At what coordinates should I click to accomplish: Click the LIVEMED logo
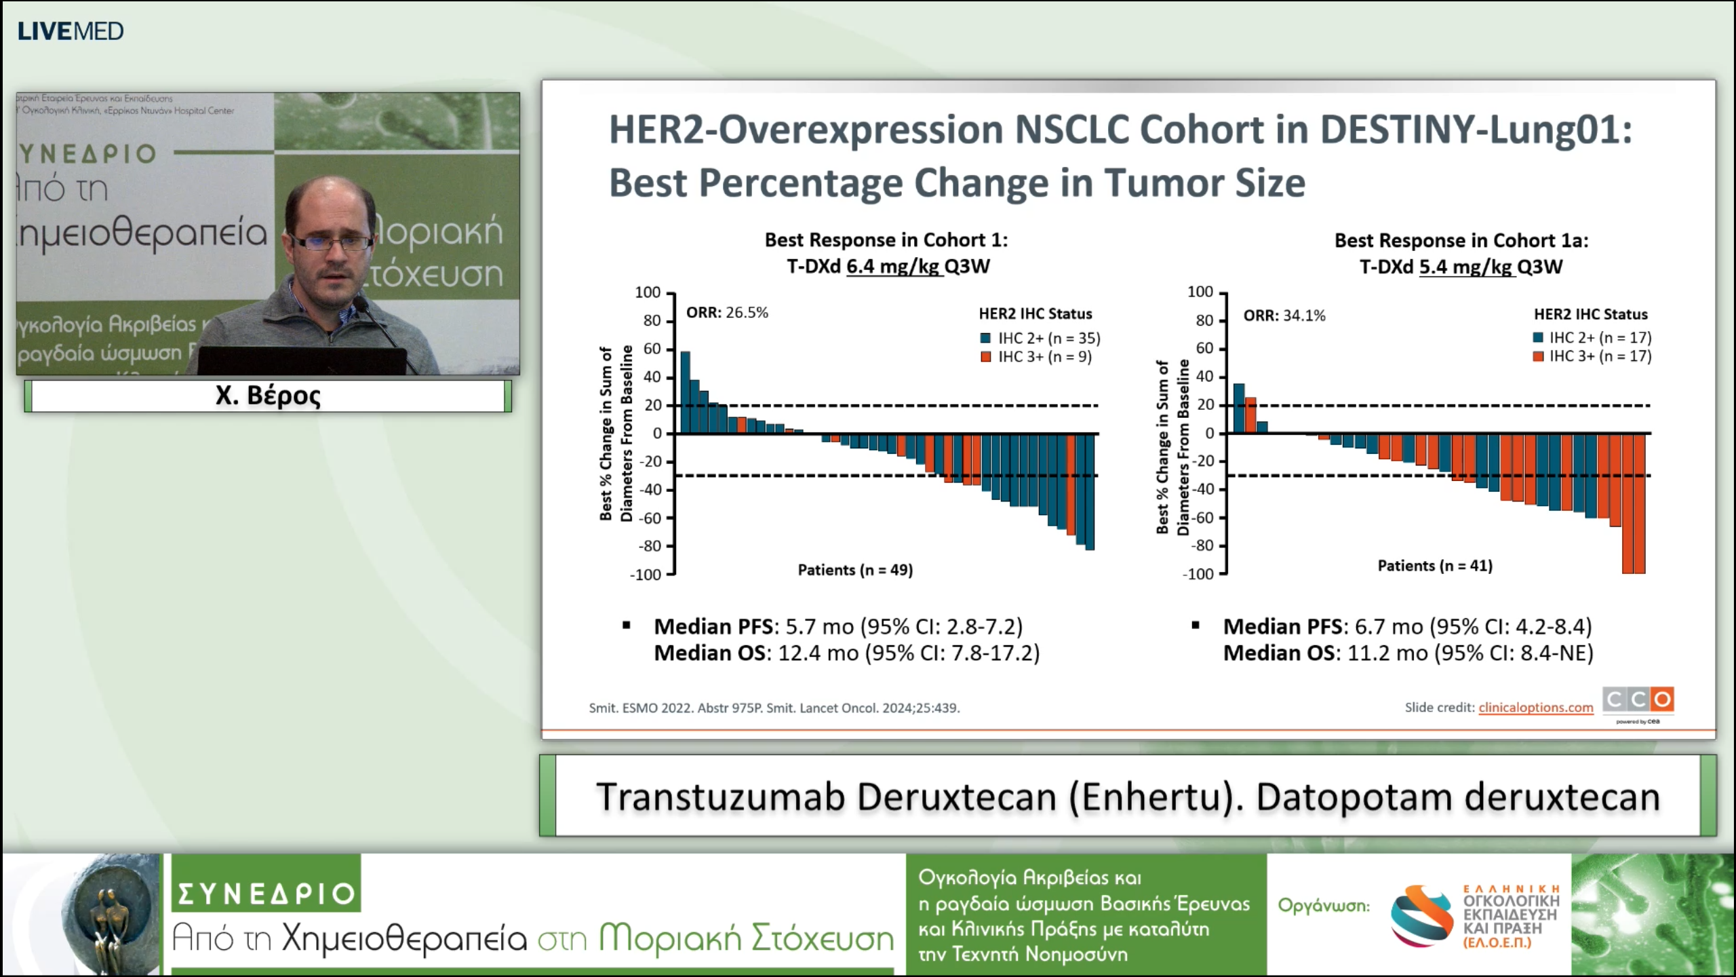[x=71, y=31]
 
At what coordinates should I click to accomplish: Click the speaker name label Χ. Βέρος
[x=268, y=396]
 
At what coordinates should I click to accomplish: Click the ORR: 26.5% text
[x=727, y=313]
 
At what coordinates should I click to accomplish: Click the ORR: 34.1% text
[x=1284, y=315]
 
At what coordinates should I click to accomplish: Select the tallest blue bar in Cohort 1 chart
[x=685, y=392]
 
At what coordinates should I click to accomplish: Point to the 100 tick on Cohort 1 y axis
[x=648, y=292]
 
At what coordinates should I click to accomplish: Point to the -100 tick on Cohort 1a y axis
[x=1198, y=574]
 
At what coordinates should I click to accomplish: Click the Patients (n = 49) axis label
[x=854, y=570]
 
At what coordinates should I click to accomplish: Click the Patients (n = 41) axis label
[x=1435, y=566]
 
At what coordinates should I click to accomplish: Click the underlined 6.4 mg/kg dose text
[x=894, y=267]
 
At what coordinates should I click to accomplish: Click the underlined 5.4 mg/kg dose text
[x=1467, y=267]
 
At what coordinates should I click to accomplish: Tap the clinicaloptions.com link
[x=1535, y=708]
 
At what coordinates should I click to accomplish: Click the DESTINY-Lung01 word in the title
[x=1476, y=130]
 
